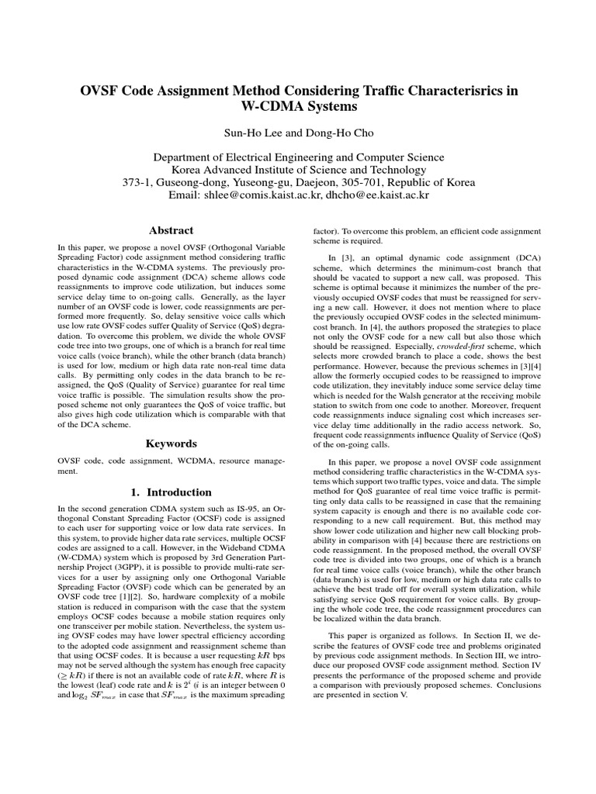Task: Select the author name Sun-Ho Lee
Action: click(250, 133)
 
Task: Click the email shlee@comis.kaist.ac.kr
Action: click(261, 196)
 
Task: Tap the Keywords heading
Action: click(172, 444)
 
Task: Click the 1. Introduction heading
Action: click(172, 492)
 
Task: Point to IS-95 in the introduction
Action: click(251, 508)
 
